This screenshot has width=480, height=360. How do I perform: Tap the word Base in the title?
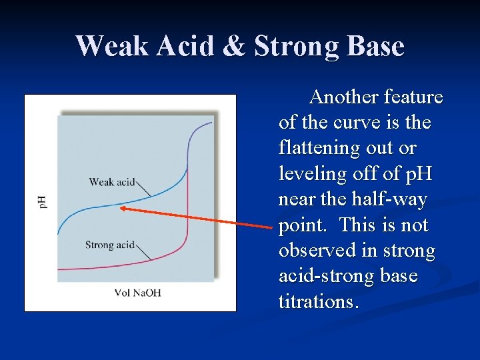373,47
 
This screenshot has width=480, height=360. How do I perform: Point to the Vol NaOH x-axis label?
137,293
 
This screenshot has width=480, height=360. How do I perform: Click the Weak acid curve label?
112,181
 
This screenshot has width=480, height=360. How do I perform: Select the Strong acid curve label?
110,245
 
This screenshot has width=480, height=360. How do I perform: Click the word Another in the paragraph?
344,97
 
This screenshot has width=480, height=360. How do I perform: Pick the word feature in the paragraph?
414,97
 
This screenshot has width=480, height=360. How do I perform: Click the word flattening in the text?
315,149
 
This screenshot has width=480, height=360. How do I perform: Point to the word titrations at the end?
319,302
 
